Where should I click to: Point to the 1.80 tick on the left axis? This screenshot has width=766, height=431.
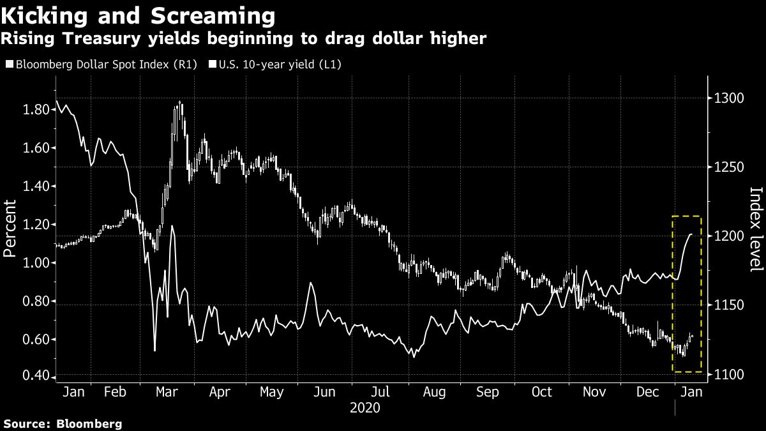[36, 110]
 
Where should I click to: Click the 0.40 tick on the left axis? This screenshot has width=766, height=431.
[36, 375]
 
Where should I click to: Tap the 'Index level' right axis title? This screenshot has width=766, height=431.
[755, 229]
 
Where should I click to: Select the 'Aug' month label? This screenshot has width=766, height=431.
[434, 391]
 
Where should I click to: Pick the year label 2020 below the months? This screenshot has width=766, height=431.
[366, 407]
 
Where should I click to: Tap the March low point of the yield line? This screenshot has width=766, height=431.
[154, 350]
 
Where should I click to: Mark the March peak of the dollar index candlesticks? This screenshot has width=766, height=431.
[180, 102]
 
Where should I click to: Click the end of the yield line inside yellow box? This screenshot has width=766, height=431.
[692, 235]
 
